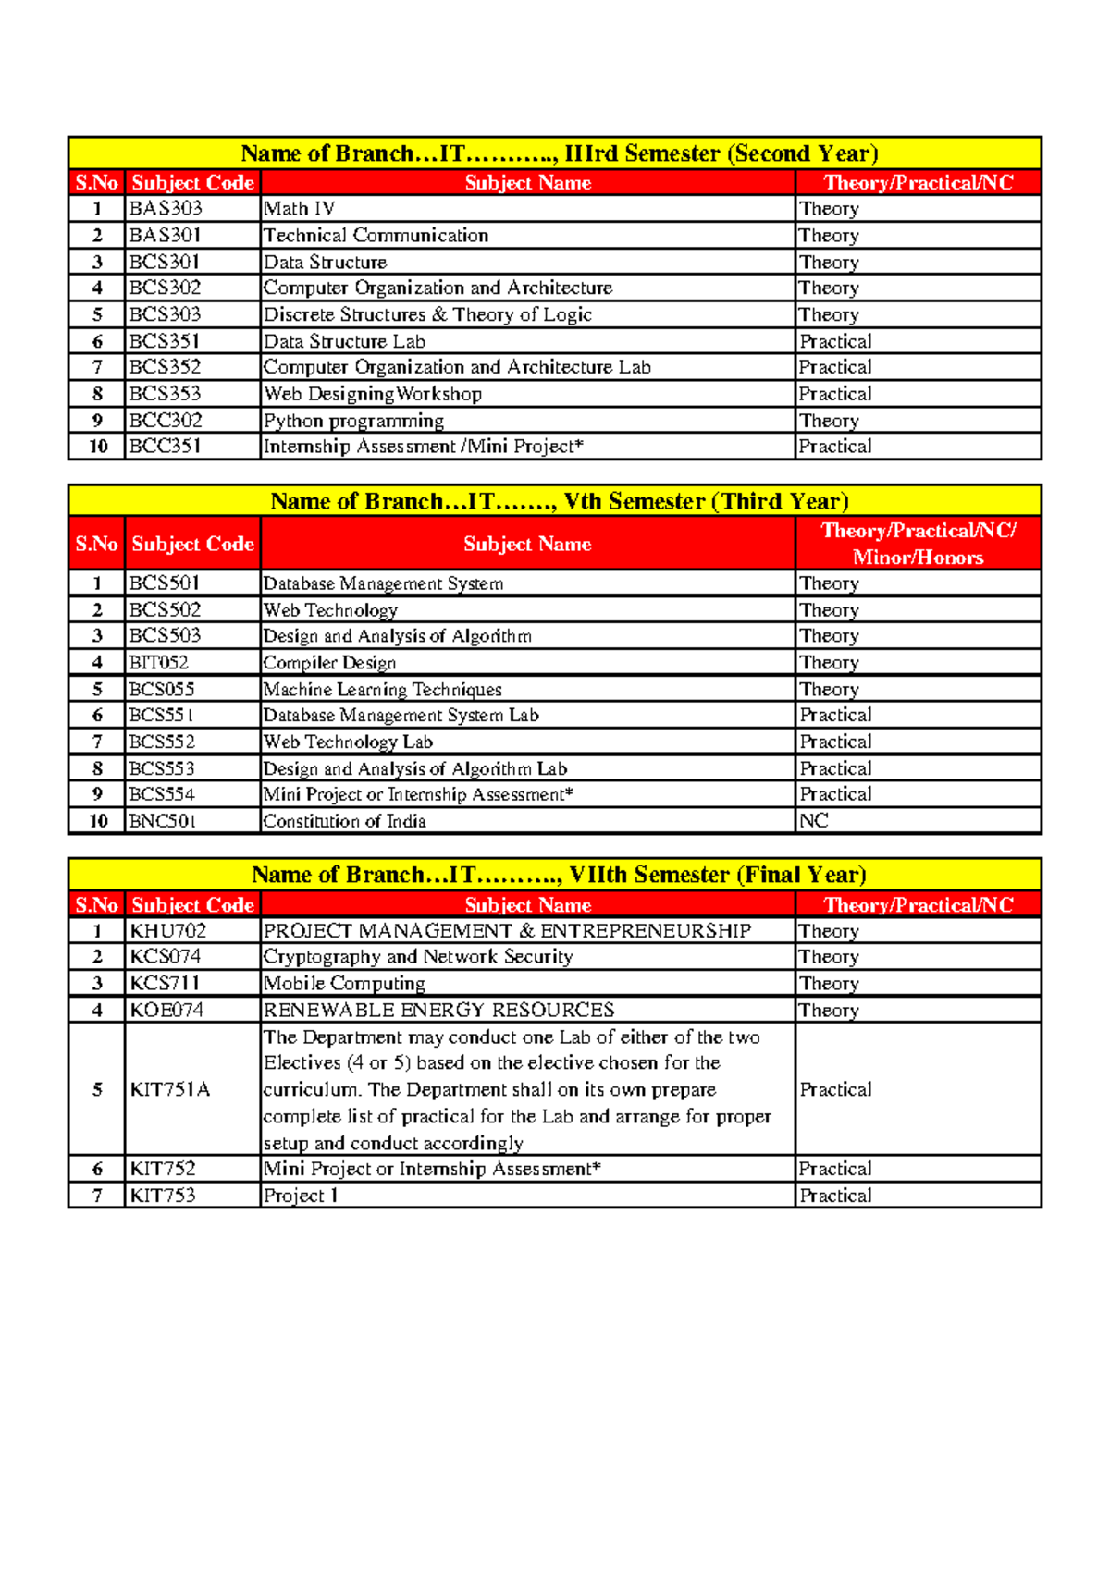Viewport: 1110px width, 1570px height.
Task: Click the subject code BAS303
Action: tap(166, 209)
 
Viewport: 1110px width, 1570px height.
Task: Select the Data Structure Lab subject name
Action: tap(344, 341)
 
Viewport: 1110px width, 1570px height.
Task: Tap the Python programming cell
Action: tap(353, 421)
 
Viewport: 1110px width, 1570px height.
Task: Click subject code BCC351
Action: tap(166, 447)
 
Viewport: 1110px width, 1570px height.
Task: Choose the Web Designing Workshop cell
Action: tap(372, 394)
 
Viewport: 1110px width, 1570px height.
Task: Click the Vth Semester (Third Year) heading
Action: tap(559, 501)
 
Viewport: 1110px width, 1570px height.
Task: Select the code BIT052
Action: tap(159, 663)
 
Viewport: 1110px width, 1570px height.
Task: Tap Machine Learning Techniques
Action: tap(382, 690)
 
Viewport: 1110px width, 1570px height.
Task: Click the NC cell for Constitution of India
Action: tap(814, 821)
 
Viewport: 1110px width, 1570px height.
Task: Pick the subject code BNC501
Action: tap(163, 821)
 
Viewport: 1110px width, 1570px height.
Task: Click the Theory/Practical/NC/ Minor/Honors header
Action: tap(918, 544)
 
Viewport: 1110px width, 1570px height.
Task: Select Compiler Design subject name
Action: tap(329, 663)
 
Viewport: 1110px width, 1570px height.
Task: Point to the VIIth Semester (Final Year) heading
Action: tap(559, 875)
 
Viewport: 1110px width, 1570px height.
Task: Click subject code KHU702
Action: tap(168, 931)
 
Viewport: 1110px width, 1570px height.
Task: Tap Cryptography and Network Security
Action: tap(418, 957)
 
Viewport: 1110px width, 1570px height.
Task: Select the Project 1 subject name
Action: tap(301, 1196)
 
